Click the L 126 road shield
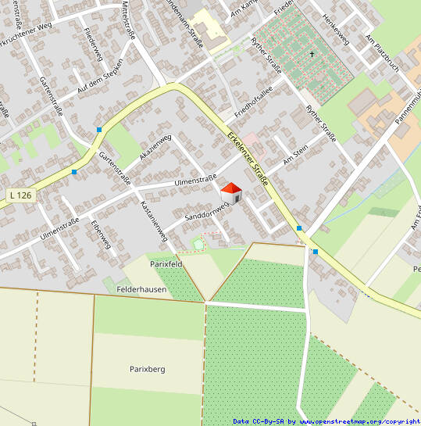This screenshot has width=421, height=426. pyautogui.click(x=20, y=194)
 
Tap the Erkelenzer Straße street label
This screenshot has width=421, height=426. pyautogui.click(x=248, y=157)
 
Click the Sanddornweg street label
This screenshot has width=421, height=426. pyautogui.click(x=205, y=208)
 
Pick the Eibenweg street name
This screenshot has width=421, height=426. pyautogui.click(x=102, y=234)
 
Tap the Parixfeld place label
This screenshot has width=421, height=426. pyautogui.click(x=166, y=264)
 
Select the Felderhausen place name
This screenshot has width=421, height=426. pyautogui.click(x=143, y=289)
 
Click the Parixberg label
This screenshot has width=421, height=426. pyautogui.click(x=148, y=368)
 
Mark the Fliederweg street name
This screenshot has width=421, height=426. pyautogui.click(x=92, y=44)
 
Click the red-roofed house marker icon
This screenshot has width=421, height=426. pyautogui.click(x=232, y=192)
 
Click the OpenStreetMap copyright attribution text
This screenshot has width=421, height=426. pyautogui.click(x=326, y=421)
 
